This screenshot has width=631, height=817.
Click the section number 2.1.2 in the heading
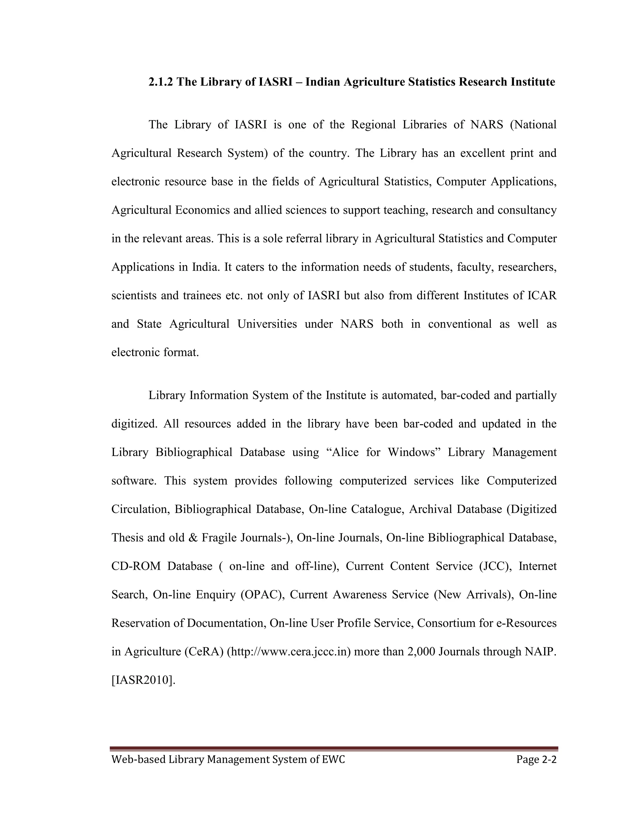point(161,82)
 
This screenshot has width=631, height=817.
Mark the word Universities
point(267,324)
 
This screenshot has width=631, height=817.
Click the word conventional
point(460,324)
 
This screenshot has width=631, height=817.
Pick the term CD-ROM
point(136,566)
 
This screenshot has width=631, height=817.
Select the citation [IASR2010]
point(144,680)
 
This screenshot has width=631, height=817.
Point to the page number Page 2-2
point(536,759)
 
